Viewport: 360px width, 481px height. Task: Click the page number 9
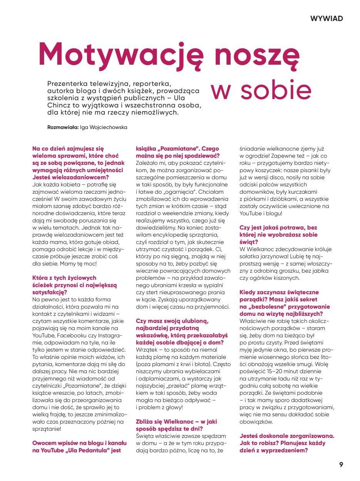[x=341, y=464]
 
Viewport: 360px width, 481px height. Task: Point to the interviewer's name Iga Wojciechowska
[x=103, y=127]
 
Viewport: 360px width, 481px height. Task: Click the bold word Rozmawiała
[x=63, y=127]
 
